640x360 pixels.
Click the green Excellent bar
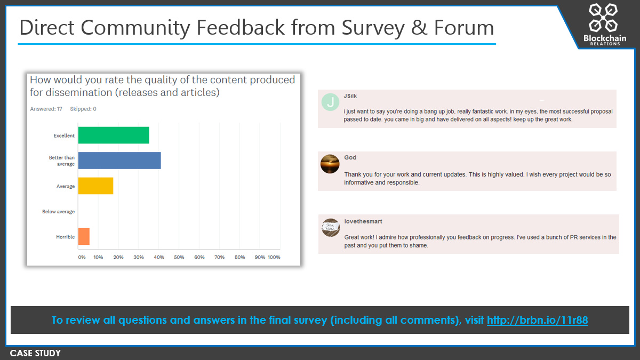pyautogui.click(x=114, y=135)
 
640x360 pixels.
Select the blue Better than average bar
pyautogui.click(x=119, y=161)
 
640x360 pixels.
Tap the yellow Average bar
pyautogui.click(x=95, y=186)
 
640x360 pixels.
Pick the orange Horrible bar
pyautogui.click(x=84, y=236)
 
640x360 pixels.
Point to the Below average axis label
pyautogui.click(x=58, y=211)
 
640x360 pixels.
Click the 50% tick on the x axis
pyautogui.click(x=179, y=257)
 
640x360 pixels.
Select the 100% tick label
pyautogui.click(x=274, y=257)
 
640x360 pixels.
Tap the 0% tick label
pyautogui.click(x=82, y=257)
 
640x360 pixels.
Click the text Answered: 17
pyautogui.click(x=46, y=109)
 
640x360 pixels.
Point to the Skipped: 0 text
pyautogui.click(x=83, y=109)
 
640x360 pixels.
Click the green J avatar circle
pyautogui.click(x=330, y=102)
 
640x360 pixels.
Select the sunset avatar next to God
pyautogui.click(x=330, y=164)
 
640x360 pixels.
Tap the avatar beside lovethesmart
pyautogui.click(x=331, y=228)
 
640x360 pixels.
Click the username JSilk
pyautogui.click(x=350, y=96)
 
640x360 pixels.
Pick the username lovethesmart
pyautogui.click(x=363, y=221)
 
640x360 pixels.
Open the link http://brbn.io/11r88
pyautogui.click(x=537, y=321)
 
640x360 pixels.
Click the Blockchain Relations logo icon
pyautogui.click(x=603, y=18)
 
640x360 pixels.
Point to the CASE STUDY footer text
pyautogui.click(x=35, y=353)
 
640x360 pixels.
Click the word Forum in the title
pyautogui.click(x=464, y=28)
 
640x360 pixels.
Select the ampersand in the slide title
pyautogui.click(x=419, y=28)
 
